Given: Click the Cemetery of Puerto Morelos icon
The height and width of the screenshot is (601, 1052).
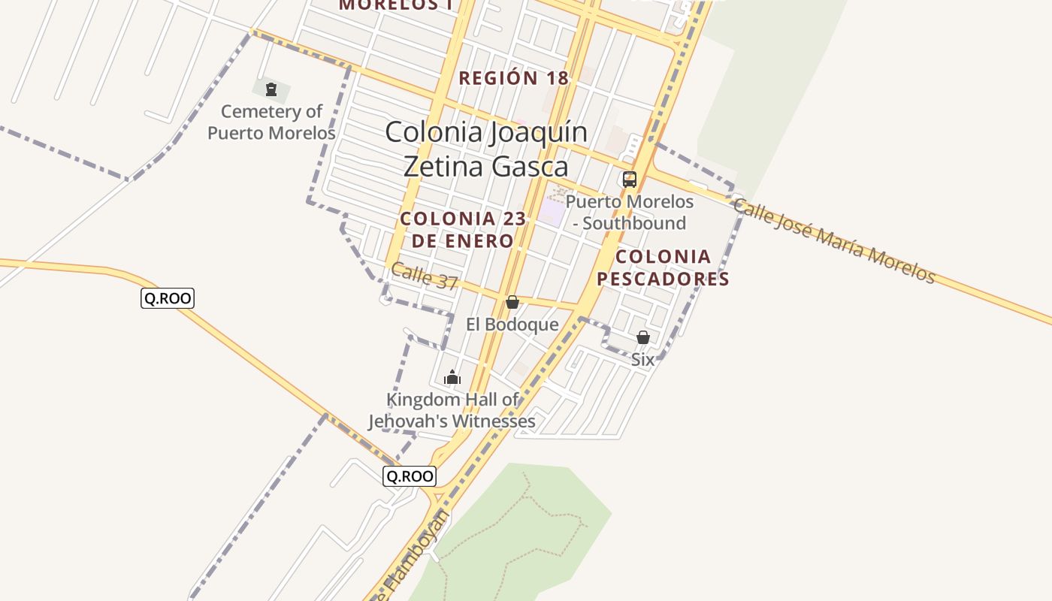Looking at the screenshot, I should (271, 90).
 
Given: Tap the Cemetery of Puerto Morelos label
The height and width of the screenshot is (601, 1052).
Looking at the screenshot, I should (271, 122).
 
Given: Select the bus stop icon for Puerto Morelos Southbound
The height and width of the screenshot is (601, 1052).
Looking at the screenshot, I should (629, 180).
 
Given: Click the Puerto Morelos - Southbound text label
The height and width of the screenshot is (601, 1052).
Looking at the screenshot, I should (630, 212).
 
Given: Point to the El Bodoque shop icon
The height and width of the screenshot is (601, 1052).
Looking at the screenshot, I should (512, 302).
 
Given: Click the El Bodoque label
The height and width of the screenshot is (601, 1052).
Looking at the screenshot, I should (512, 325).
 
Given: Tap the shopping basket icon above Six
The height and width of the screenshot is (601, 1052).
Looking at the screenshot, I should (642, 337).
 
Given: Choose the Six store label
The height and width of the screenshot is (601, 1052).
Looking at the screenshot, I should (642, 360).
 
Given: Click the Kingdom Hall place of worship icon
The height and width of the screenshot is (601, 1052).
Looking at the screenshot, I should (452, 377).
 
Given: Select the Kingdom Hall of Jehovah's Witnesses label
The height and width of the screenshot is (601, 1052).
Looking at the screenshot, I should (452, 410).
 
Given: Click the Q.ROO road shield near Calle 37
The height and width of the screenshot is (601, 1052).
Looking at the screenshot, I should (168, 298).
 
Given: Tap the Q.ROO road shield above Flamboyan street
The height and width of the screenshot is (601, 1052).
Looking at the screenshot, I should (409, 476).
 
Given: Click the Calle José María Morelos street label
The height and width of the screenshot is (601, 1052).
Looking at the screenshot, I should (834, 241).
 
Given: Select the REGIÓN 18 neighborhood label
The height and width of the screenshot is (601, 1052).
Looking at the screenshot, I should (513, 78).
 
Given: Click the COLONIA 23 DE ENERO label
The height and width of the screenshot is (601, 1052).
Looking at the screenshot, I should (463, 230).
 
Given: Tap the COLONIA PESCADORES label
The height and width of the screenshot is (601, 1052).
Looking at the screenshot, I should (663, 267).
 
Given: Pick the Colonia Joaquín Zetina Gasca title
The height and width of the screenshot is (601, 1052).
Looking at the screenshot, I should (486, 149).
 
